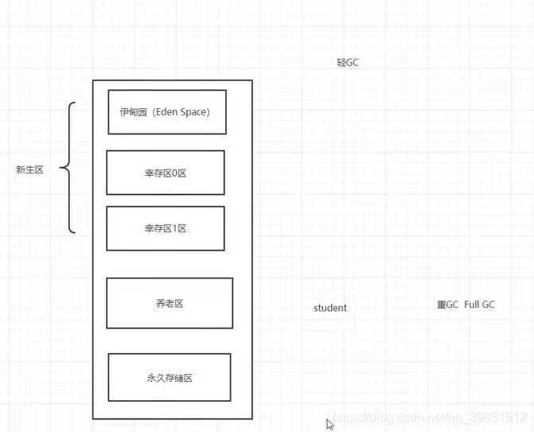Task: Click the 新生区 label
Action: tap(29, 169)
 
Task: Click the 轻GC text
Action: tap(348, 62)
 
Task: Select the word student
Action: tap(330, 308)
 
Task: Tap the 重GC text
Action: tap(447, 305)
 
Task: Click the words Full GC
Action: tap(479, 305)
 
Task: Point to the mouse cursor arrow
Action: tap(329, 424)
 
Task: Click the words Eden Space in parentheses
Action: tap(181, 112)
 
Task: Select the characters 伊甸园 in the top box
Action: tap(133, 112)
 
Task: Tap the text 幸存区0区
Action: tap(166, 173)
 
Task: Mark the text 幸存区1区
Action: tap(166, 228)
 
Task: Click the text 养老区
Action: tap(170, 303)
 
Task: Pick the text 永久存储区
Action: tap(170, 378)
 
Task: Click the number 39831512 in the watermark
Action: tap(501, 417)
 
